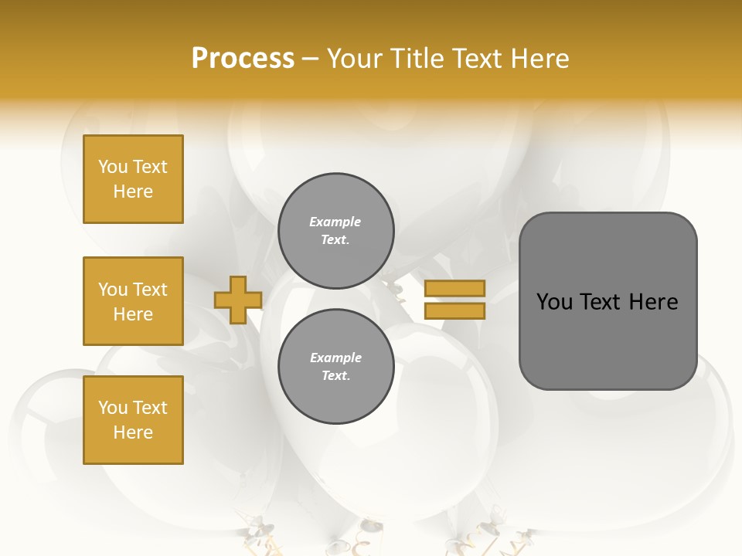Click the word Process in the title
click(243, 59)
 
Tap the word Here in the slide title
click(538, 59)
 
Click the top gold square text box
click(133, 179)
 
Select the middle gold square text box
click(133, 301)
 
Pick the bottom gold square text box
click(133, 420)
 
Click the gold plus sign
click(237, 300)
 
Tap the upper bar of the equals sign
click(454, 288)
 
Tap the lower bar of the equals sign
click(454, 311)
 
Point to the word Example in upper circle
click(335, 222)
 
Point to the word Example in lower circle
click(335, 358)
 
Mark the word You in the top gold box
click(113, 167)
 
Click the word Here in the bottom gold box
click(133, 432)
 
